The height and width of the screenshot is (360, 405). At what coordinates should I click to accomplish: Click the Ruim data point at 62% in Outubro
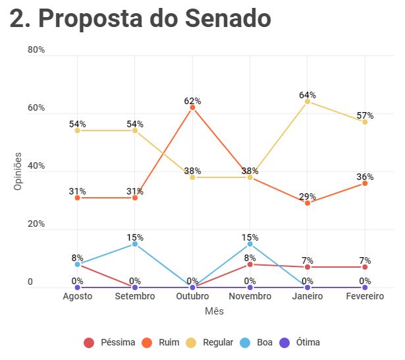coord(192,107)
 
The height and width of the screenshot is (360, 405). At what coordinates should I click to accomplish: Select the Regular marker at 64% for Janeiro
coord(308,102)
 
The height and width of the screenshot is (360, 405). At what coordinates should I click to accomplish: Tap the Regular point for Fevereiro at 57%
coord(365,122)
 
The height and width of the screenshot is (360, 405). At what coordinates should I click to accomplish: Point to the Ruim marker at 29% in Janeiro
coord(308,203)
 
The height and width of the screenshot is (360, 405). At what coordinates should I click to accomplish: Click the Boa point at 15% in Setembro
coord(135,244)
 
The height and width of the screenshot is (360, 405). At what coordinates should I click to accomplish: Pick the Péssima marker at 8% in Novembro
coord(250,264)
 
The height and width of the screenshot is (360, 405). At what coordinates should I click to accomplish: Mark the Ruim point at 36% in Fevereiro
coord(365,183)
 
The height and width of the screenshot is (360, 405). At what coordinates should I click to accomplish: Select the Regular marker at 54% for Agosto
coord(78,131)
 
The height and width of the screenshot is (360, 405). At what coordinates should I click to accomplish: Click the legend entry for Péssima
coord(109,342)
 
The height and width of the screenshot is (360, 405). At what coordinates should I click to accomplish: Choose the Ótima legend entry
coord(300,342)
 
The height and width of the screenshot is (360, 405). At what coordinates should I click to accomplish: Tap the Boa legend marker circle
coord(245,343)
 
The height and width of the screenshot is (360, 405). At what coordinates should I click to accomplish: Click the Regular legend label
coord(218,342)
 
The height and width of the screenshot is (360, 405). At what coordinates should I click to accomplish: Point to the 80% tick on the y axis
coord(36,49)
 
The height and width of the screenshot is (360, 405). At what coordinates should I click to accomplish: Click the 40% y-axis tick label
coord(36,165)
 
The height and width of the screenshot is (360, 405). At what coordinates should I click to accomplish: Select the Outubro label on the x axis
coord(192,296)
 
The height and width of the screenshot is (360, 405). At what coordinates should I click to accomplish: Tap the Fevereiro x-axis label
coord(365,296)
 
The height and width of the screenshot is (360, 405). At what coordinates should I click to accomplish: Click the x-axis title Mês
coord(214,311)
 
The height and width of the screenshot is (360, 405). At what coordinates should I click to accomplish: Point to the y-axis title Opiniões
coord(18,171)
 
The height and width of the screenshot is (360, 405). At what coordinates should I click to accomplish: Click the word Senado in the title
coord(228,18)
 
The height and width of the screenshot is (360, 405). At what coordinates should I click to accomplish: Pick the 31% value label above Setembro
coord(135,191)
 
